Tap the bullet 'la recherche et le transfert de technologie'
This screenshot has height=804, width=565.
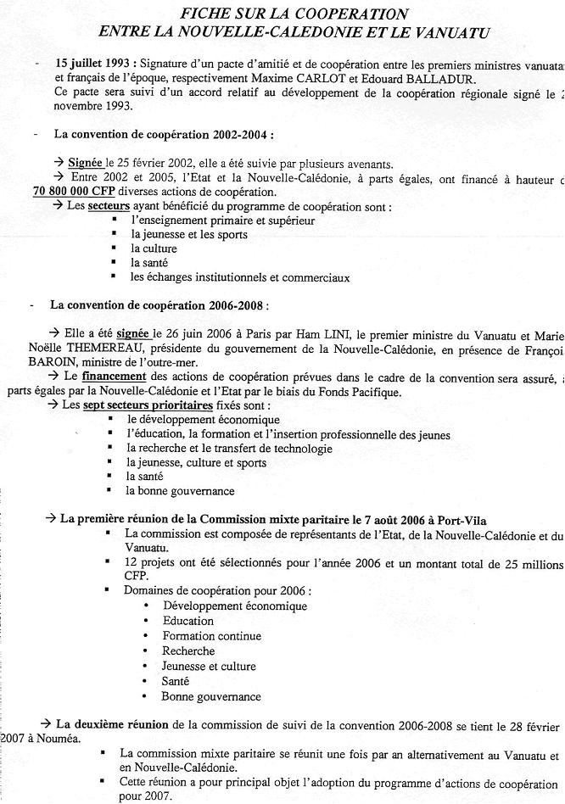229,449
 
